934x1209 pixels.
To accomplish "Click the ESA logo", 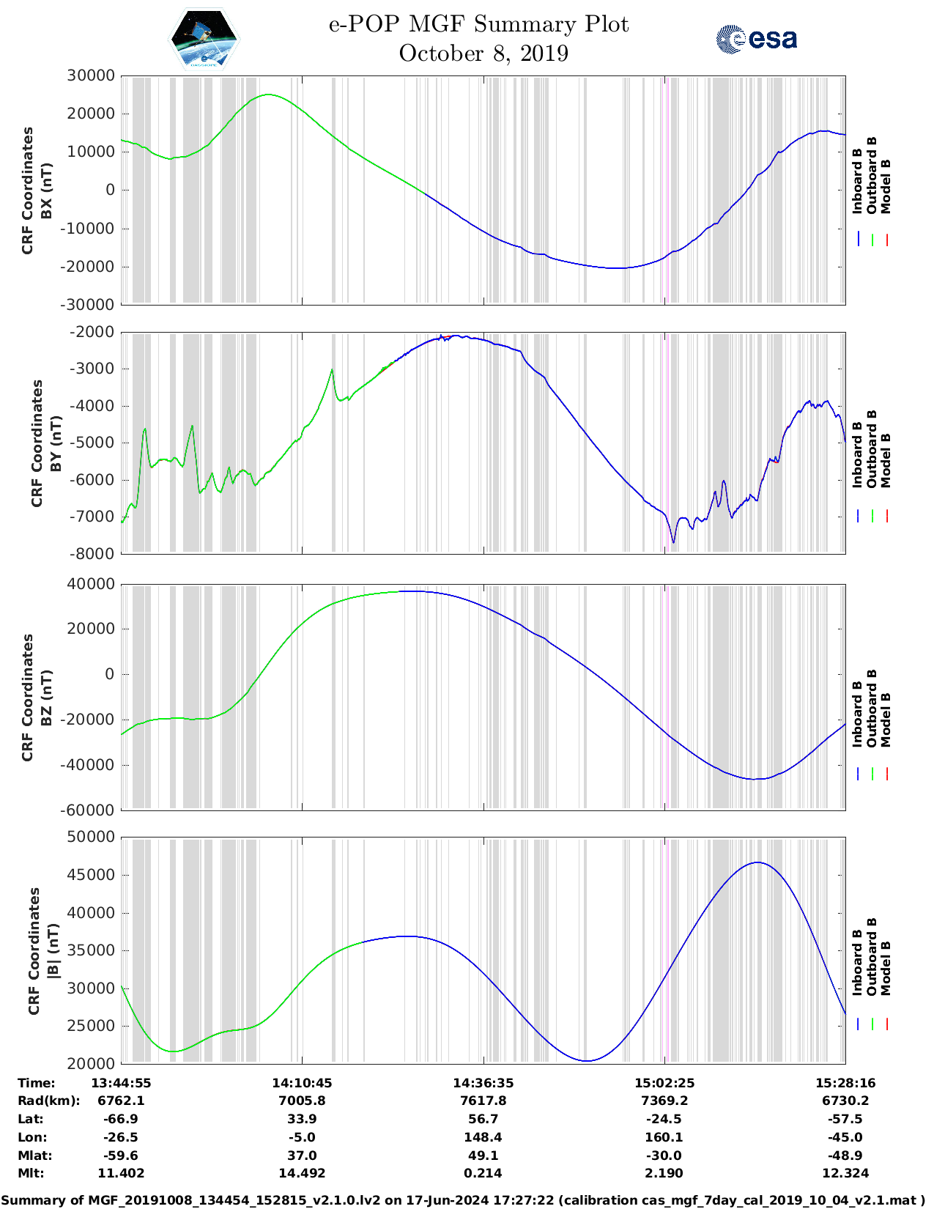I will click(x=757, y=38).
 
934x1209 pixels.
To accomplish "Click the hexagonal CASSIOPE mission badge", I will click(x=204, y=40).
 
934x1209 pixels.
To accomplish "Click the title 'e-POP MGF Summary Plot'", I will click(x=478, y=24).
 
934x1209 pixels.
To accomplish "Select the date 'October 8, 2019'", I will click(x=483, y=53).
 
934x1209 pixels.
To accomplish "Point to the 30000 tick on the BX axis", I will click(x=91, y=75).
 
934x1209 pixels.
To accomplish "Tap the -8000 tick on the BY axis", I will click(x=92, y=553).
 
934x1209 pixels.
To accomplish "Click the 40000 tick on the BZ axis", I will click(x=91, y=584).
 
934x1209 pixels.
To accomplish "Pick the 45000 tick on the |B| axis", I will click(x=91, y=875).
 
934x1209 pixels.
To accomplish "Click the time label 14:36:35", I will click(x=483, y=1083).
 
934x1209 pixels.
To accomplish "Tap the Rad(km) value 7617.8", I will click(x=483, y=1101).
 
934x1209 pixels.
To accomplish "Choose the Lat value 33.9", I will click(x=302, y=1119).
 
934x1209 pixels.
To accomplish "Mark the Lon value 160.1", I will click(x=664, y=1137).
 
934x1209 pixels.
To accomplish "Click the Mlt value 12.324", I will click(x=845, y=1173).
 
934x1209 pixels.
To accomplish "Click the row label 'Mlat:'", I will click(x=35, y=1156).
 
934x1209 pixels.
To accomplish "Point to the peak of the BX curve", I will click(x=269, y=95).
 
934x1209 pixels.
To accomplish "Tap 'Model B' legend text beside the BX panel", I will click(x=886, y=186).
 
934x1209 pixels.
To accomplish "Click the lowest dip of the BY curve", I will click(x=674, y=542).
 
